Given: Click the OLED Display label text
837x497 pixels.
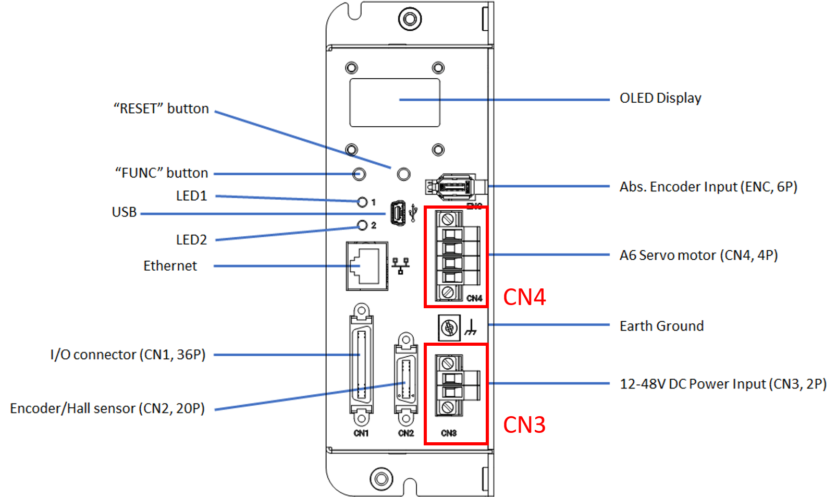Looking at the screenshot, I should click(x=660, y=98).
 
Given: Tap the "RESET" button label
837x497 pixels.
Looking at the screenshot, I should click(x=161, y=108).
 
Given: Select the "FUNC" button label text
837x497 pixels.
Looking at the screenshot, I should click(x=162, y=173).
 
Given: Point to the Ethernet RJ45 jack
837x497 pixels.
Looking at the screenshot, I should click(x=367, y=266).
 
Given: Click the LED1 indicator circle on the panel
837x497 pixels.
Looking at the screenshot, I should click(x=362, y=202).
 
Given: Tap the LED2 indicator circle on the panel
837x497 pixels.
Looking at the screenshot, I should click(x=362, y=225).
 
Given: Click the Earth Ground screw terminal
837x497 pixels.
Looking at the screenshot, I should click(x=449, y=328).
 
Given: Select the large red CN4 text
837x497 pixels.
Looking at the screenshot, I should click(x=524, y=297).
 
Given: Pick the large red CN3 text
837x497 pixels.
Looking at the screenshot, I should click(x=524, y=425).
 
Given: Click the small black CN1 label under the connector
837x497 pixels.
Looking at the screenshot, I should click(x=361, y=433).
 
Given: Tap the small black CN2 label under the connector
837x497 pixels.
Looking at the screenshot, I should click(x=405, y=433).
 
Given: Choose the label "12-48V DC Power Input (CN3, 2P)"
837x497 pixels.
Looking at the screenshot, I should click(x=722, y=384).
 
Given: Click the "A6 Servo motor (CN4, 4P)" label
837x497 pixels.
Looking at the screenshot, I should click(x=698, y=255).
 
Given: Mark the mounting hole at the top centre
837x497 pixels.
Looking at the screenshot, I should click(x=410, y=19).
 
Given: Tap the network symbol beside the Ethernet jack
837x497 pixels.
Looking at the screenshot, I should click(x=400, y=265).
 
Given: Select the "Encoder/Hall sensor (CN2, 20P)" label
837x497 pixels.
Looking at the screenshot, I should click(x=107, y=408).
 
